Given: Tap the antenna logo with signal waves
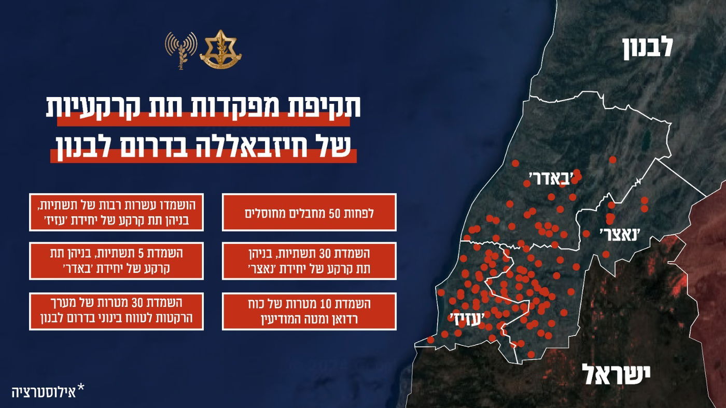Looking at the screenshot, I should [181, 50].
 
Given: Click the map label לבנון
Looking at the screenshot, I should [648, 47].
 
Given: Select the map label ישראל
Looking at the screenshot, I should [616, 374].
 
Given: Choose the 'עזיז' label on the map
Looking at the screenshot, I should [469, 318].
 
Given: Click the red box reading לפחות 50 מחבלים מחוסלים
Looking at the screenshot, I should [309, 212].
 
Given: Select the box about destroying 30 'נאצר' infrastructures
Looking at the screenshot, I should [309, 261].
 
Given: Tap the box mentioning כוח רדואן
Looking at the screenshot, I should [309, 311].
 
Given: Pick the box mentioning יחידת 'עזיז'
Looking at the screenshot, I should [116, 212].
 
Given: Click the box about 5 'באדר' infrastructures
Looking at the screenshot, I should [116, 261].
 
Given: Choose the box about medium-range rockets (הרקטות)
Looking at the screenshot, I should [116, 311].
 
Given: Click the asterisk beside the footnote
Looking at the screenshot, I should [80, 388].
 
